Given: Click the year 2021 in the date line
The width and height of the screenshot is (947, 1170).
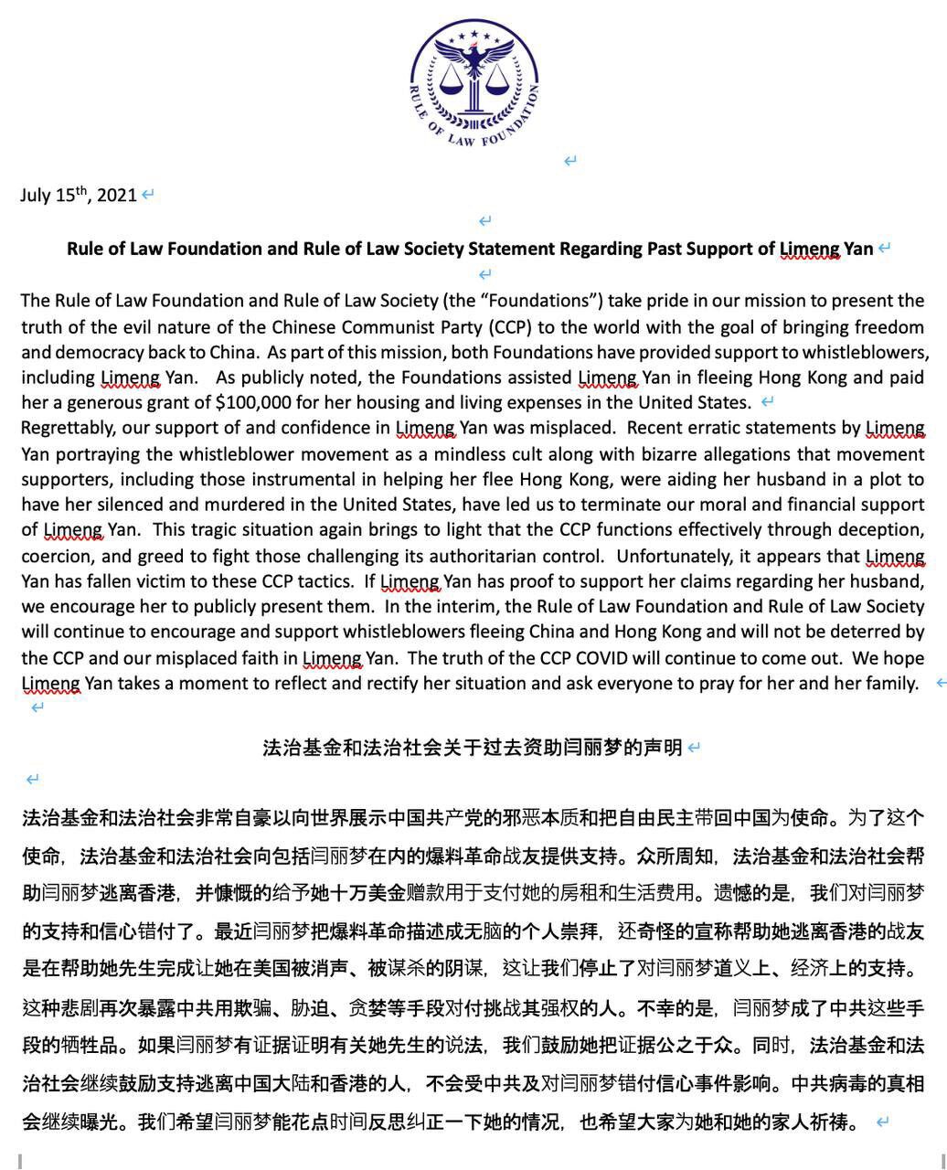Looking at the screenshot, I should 116,195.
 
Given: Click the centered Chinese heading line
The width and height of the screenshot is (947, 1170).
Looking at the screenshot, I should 472,748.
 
